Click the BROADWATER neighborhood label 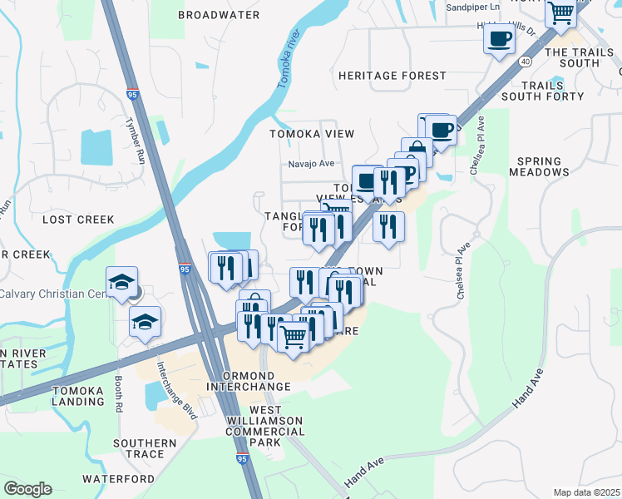tap(219, 15)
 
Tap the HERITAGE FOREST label tap(392, 76)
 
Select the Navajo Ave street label tap(311, 164)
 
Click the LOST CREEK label tap(77, 220)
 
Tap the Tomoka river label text tap(287, 51)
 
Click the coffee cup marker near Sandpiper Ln tap(499, 38)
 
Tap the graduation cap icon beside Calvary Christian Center tap(121, 280)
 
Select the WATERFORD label tap(118, 479)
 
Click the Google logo tap(27, 489)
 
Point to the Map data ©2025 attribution tap(586, 492)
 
